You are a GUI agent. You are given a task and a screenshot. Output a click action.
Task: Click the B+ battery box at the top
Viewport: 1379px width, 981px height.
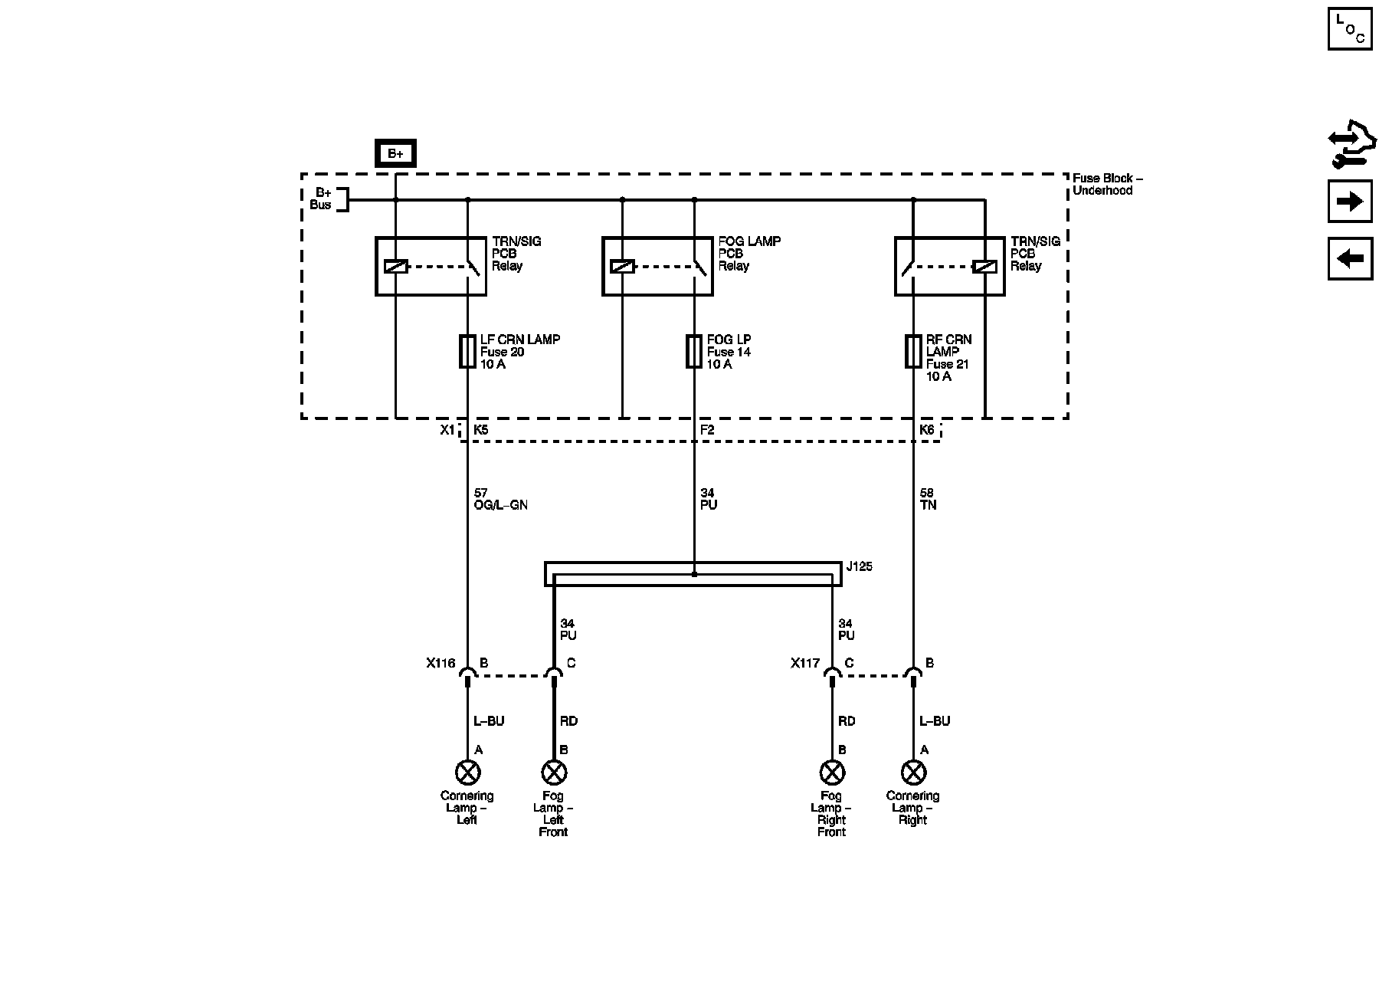395,154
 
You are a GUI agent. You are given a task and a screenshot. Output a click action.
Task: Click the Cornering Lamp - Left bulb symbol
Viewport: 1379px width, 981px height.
467,771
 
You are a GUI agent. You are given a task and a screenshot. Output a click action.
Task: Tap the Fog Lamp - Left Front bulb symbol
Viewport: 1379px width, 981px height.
553,771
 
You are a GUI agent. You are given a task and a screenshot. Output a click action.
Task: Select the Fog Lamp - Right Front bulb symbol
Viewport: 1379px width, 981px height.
831,771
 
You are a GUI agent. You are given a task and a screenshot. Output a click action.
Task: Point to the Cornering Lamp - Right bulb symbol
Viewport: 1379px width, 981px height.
912,771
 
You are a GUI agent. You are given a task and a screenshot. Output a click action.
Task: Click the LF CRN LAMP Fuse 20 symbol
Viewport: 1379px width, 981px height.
467,351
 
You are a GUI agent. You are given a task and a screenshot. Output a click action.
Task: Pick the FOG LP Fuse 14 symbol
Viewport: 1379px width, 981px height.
694,351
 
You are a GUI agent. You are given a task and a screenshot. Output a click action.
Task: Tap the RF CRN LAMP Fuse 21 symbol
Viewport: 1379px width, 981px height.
912,351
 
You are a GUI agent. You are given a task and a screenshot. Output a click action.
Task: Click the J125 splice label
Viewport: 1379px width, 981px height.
859,567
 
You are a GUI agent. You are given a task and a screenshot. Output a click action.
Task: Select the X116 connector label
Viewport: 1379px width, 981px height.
441,664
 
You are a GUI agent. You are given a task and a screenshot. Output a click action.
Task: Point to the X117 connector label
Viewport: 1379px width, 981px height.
805,664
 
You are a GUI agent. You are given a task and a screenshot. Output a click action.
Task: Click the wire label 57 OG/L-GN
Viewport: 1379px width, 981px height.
500,500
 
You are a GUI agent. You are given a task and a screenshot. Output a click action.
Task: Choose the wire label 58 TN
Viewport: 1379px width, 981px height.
928,500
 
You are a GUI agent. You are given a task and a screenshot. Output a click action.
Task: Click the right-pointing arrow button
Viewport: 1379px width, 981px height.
1350,202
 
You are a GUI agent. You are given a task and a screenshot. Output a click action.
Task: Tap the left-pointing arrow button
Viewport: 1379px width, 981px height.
1350,258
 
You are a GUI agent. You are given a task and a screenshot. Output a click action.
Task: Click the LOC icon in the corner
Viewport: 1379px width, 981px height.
1350,29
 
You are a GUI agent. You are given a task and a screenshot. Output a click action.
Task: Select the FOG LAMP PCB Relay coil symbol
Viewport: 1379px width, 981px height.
622,267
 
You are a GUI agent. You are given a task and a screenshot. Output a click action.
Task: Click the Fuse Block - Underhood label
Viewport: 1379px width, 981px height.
1107,184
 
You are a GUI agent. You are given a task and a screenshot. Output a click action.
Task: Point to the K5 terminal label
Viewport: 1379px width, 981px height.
480,431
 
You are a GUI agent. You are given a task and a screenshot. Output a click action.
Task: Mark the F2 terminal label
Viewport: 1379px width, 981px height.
707,431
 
